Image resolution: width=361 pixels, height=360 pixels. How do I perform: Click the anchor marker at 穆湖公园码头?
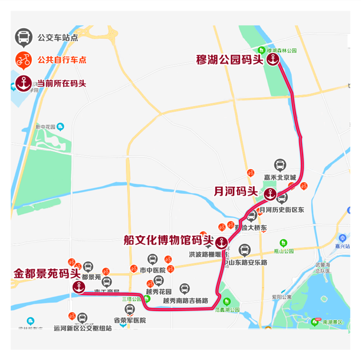tap(273, 60)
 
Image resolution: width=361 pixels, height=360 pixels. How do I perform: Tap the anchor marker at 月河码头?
tap(270, 193)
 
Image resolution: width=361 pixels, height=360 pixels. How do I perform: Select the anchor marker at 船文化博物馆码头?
tap(221, 242)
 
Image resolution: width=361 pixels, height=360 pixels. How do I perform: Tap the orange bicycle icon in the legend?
tap(23, 60)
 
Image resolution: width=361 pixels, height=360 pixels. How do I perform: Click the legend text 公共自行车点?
tap(62, 60)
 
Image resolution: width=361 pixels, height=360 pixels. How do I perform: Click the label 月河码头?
tap(235, 191)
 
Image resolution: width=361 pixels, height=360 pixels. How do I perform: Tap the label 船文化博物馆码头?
tap(168, 240)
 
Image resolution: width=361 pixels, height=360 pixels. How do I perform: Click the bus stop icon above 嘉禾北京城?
tap(280, 166)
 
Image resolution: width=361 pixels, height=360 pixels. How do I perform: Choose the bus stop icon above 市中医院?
tap(152, 259)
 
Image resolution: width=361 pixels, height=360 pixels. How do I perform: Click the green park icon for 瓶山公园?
tap(283, 243)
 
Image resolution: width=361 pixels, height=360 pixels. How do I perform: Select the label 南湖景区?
tap(335, 322)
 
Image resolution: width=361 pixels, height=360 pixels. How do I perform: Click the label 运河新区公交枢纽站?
tap(83, 328)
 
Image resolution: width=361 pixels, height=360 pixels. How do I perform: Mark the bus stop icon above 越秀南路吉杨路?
tap(185, 289)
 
